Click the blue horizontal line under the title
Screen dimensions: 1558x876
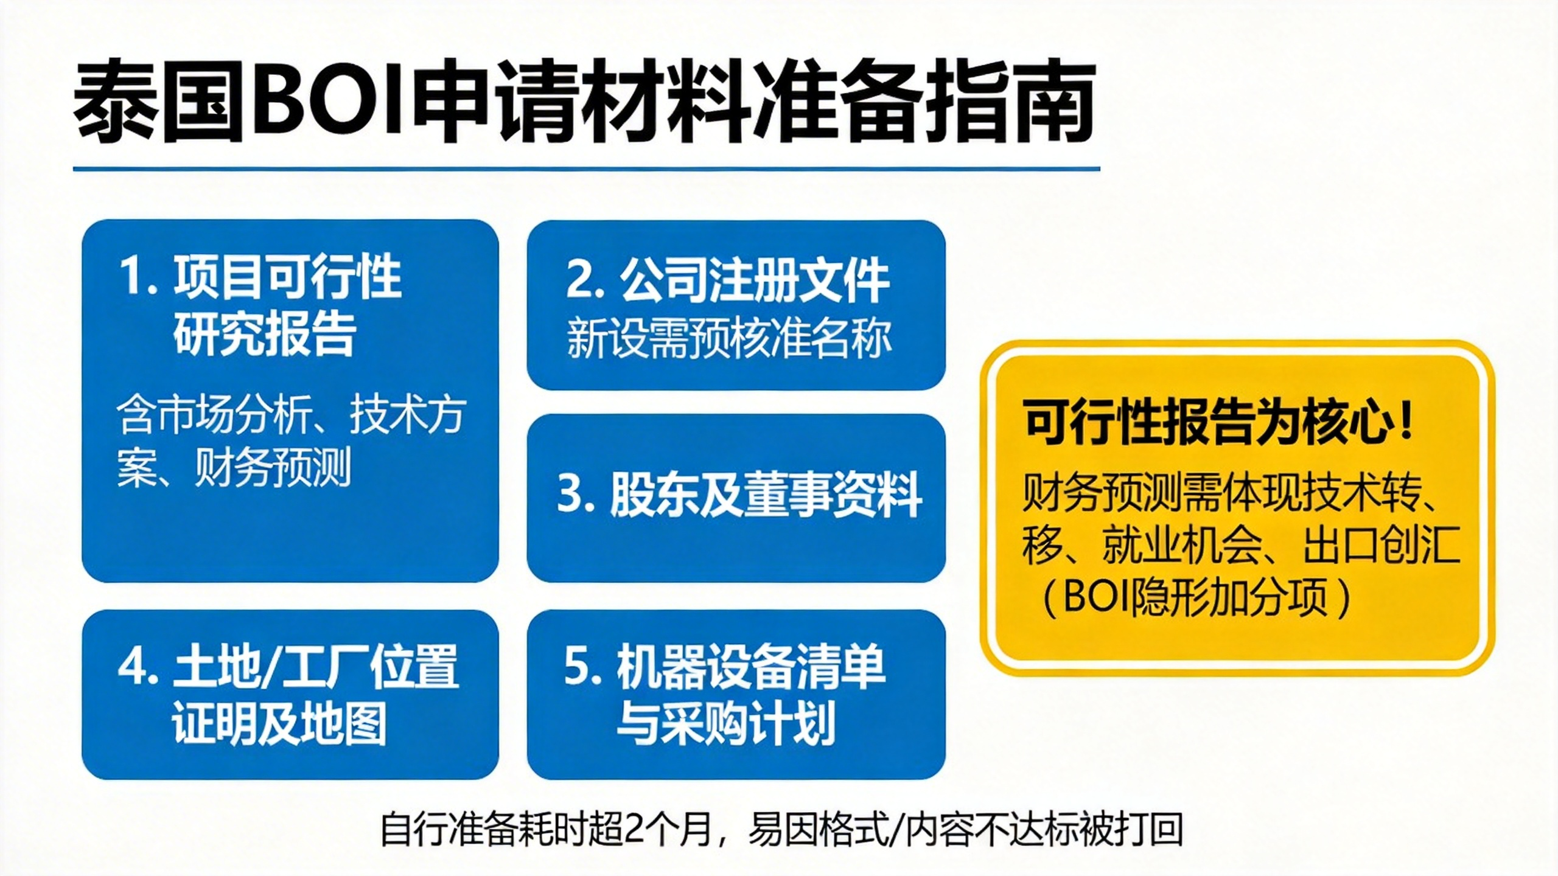click(587, 169)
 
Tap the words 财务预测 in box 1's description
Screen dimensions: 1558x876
click(273, 468)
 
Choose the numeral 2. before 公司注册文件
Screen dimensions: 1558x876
click(585, 281)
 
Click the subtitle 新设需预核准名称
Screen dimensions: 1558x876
click(729, 338)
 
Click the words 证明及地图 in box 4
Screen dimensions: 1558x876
click(280, 724)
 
